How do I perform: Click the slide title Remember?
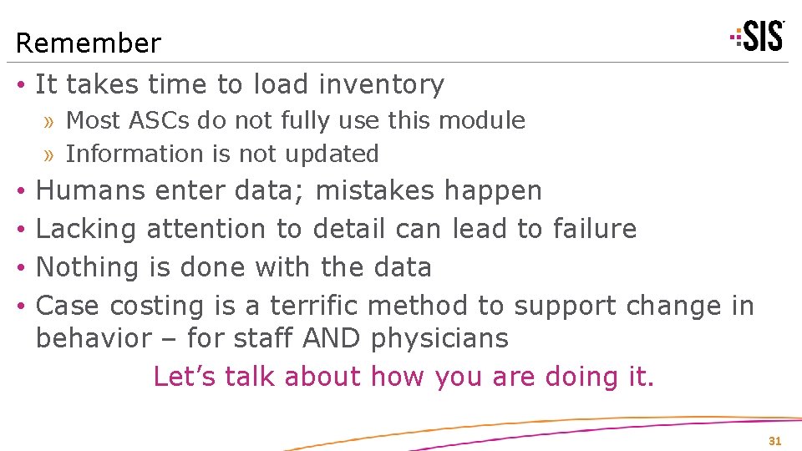point(88,43)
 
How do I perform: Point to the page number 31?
point(774,441)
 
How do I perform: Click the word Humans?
point(89,190)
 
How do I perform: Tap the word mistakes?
point(375,190)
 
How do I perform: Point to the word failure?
point(595,229)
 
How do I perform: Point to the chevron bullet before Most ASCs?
point(50,122)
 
